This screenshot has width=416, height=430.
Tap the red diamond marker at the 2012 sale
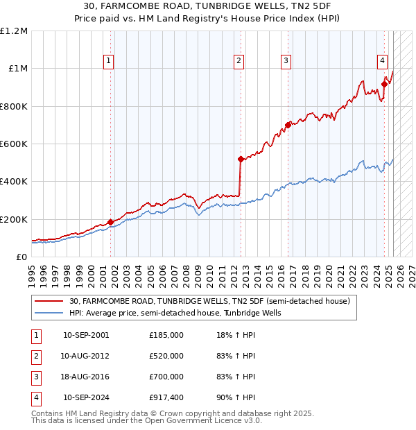pos(241,160)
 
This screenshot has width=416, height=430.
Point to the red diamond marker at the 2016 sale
pos(287,126)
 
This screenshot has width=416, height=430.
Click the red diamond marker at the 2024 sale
pos(383,85)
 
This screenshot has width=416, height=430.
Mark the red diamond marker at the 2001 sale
pos(110,222)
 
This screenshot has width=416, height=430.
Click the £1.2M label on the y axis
pos(14,31)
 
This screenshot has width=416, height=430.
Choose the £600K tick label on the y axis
pos(13,144)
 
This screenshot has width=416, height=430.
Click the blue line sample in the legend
pos(49,313)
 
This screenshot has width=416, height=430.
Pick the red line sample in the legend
pos(49,302)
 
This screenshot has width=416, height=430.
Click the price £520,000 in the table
pos(166,356)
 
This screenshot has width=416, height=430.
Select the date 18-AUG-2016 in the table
pos(85,377)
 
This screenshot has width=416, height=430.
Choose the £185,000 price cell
pos(166,335)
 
